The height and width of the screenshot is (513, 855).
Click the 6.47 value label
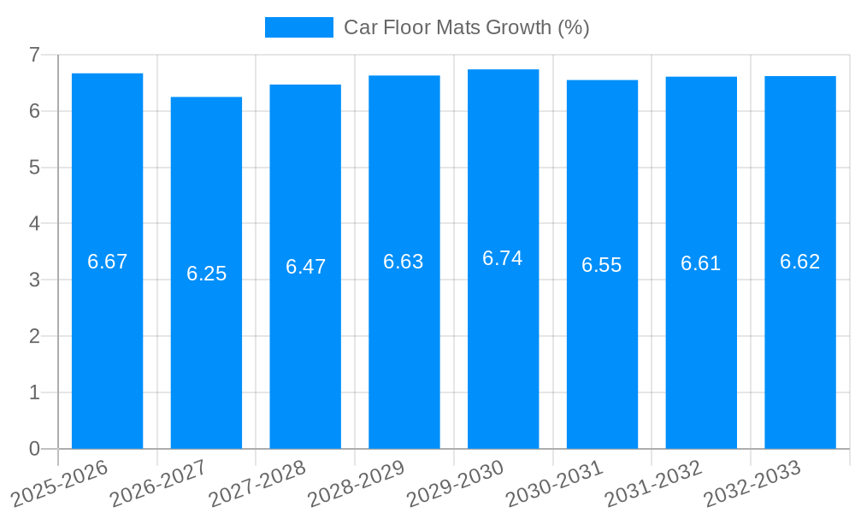[305, 267]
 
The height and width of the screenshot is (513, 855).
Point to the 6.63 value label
[404, 262]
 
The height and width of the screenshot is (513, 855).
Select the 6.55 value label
[602, 265]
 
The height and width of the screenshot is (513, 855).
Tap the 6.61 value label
[701, 263]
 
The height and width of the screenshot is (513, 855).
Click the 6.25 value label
[206, 274]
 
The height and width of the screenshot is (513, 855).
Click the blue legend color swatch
[298, 27]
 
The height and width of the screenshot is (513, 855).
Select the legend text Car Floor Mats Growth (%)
[467, 27]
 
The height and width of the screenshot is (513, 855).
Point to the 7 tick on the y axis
[34, 55]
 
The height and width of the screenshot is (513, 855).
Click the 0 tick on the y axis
[34, 449]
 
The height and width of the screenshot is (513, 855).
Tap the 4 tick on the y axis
[34, 223]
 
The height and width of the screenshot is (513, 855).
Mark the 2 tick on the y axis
[34, 336]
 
